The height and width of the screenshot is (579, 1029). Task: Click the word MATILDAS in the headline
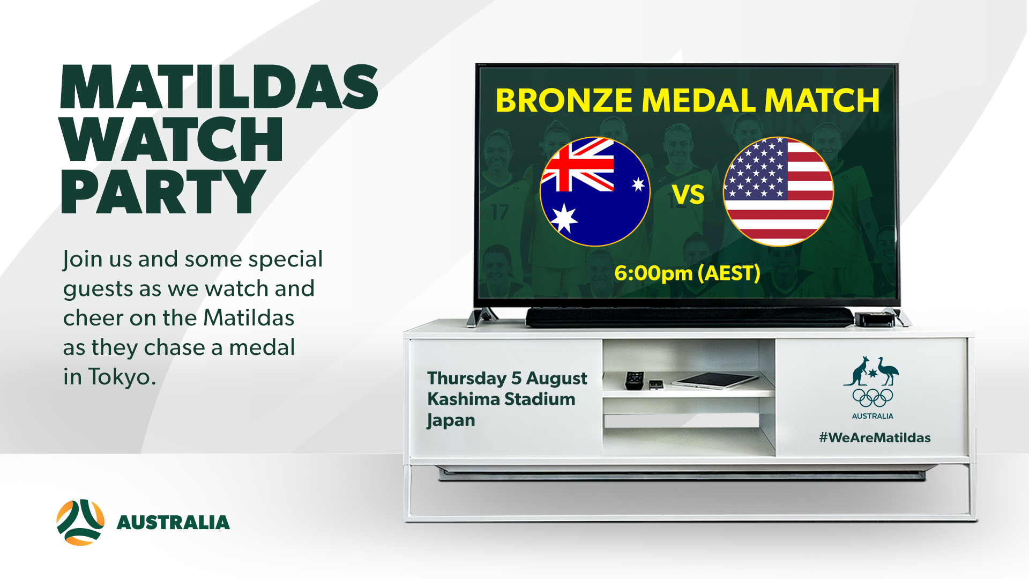click(219, 87)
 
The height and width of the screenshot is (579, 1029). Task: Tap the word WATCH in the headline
click(171, 139)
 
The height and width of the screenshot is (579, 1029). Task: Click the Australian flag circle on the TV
click(595, 191)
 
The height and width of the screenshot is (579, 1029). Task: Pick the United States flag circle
click(778, 191)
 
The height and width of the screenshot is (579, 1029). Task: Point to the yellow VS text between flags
click(688, 195)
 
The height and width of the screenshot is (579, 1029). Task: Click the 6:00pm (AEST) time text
click(687, 273)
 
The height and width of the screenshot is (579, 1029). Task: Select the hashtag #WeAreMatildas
click(875, 437)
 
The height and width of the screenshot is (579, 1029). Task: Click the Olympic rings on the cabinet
click(873, 398)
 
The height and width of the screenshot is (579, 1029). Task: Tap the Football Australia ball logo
click(80, 522)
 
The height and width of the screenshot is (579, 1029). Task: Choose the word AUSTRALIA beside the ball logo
click(173, 523)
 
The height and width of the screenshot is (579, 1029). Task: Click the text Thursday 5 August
click(507, 378)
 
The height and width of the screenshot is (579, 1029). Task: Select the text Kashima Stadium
click(501, 399)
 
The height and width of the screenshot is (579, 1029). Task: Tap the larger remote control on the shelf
click(634, 380)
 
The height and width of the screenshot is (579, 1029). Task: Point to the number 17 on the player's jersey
click(500, 212)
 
